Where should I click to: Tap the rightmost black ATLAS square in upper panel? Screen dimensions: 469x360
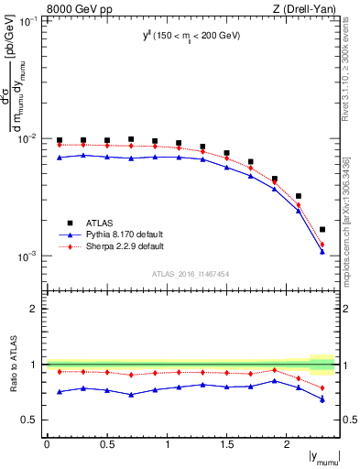[x=322, y=229]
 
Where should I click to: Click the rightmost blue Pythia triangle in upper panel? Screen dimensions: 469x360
[x=322, y=251]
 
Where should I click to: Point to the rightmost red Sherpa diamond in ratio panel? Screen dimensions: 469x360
[x=322, y=387]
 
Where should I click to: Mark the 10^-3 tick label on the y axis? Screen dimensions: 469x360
[x=29, y=256]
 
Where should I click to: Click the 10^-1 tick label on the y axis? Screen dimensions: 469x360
[x=29, y=20]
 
